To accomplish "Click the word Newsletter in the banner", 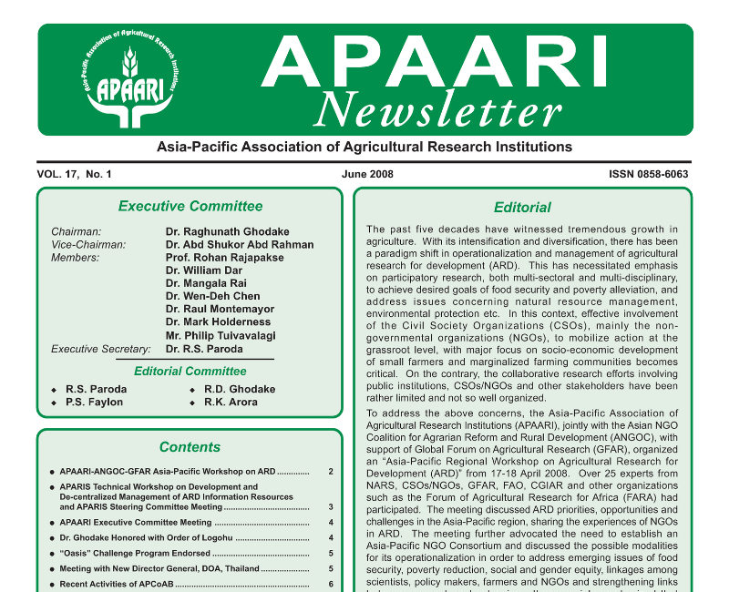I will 437,111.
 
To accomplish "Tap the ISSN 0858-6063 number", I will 648,174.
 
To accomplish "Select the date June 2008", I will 368,174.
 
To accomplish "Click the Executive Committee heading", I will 190,206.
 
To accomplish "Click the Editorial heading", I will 522,208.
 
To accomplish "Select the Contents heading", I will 190,447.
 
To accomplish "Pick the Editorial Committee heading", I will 190,371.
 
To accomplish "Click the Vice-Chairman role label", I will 88,245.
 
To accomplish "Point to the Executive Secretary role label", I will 100,349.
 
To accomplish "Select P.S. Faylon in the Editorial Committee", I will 94,403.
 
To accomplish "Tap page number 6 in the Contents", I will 331,584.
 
